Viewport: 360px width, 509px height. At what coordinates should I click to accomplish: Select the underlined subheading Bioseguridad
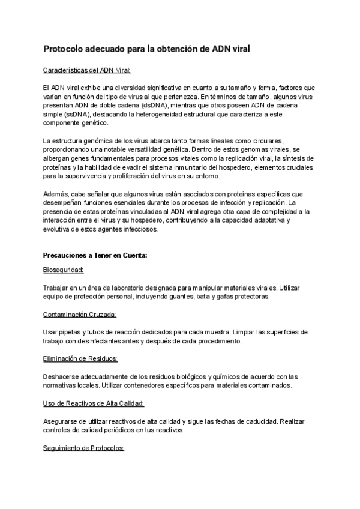tap(64, 271)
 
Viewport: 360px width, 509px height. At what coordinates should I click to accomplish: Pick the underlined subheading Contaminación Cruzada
tap(80, 315)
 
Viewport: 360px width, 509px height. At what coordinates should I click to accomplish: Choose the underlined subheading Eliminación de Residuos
tap(80, 359)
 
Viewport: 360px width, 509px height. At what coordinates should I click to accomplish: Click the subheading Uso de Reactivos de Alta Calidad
tap(94, 403)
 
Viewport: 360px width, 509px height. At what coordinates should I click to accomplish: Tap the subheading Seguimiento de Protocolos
tap(84, 447)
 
